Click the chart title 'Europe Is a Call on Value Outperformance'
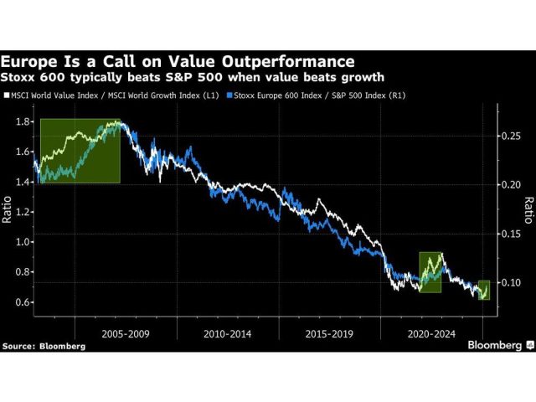[178, 61]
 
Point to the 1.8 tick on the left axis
[22, 121]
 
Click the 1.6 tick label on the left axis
[22, 152]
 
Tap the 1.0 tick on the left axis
[22, 242]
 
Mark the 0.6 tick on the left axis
[22, 302]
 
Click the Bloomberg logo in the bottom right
[495, 344]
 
